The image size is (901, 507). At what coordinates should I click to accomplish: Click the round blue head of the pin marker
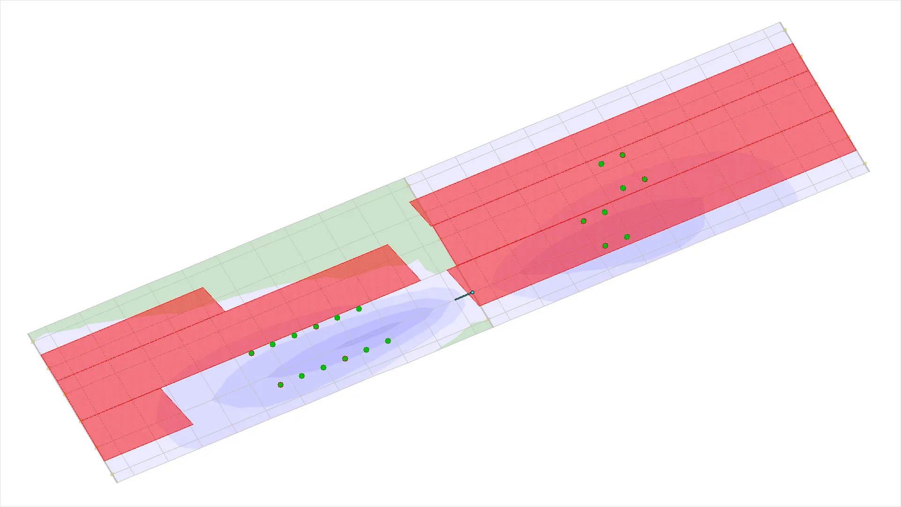pyautogui.click(x=473, y=292)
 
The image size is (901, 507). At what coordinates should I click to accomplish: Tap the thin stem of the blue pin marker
pyautogui.click(x=464, y=296)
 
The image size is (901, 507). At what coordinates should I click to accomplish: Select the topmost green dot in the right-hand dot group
pyautogui.click(x=623, y=155)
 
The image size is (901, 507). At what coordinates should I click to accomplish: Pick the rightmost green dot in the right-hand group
pyautogui.click(x=645, y=179)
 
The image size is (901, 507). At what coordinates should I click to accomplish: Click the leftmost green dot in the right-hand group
pyautogui.click(x=584, y=221)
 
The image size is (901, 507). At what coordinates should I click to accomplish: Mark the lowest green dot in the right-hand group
pyautogui.click(x=605, y=246)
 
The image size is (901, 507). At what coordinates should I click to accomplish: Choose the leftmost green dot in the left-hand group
pyautogui.click(x=252, y=353)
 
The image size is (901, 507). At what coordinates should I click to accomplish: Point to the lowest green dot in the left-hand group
pyautogui.click(x=281, y=385)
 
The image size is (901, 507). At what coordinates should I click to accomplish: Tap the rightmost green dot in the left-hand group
pyautogui.click(x=388, y=341)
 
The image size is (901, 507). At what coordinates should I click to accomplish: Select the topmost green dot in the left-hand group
pyautogui.click(x=359, y=309)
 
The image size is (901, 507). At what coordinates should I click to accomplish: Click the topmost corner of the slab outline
pyautogui.click(x=781, y=23)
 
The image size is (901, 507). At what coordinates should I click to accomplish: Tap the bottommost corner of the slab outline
pyautogui.click(x=116, y=482)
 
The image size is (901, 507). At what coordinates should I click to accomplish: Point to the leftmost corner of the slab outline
pyautogui.click(x=29, y=335)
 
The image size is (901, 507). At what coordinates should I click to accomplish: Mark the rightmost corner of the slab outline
pyautogui.click(x=869, y=171)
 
